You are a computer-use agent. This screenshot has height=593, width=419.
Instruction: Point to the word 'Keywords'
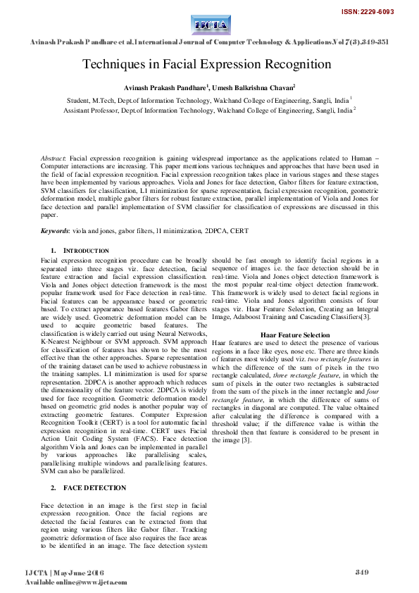pos(55,230)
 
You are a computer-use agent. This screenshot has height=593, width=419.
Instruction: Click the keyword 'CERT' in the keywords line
pos(239,230)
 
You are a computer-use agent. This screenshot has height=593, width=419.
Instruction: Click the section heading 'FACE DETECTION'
pos(96,487)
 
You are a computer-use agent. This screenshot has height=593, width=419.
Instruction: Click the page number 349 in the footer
pos(362,571)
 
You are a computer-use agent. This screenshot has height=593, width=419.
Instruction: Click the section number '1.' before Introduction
pos(54,251)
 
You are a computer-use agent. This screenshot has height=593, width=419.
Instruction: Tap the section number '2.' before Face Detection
pos(54,487)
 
